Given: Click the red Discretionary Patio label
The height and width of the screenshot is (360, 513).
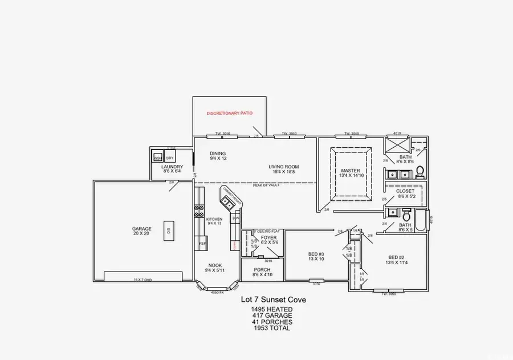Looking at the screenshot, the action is pyautogui.click(x=229, y=114).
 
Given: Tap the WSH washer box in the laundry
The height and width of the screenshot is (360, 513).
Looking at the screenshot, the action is pyautogui.click(x=158, y=157).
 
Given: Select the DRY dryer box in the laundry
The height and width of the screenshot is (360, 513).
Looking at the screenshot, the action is pyautogui.click(x=170, y=157).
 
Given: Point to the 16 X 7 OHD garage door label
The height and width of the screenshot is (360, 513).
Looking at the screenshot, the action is pyautogui.click(x=142, y=280).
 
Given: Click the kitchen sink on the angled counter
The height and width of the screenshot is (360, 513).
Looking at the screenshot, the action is pyautogui.click(x=229, y=201).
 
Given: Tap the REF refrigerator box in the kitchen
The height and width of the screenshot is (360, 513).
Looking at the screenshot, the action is pyautogui.click(x=202, y=244).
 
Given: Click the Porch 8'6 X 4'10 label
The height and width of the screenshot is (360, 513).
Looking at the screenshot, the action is pyautogui.click(x=263, y=272).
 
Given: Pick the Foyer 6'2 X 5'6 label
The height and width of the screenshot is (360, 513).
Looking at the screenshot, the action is pyautogui.click(x=268, y=240).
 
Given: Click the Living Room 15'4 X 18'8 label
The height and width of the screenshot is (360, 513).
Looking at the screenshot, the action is pyautogui.click(x=284, y=169).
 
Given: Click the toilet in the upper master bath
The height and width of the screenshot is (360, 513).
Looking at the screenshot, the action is pyautogui.click(x=420, y=170).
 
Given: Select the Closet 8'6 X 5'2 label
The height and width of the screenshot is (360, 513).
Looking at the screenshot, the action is pyautogui.click(x=405, y=193).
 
